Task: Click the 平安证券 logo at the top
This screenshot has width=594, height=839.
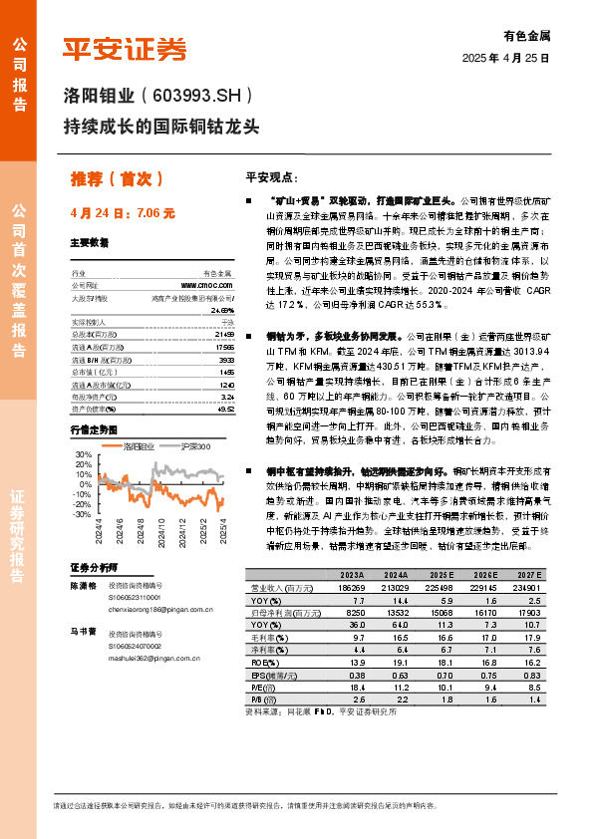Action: click(126, 49)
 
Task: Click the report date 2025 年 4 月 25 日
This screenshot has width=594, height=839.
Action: click(506, 59)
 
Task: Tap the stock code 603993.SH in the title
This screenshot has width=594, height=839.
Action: click(196, 97)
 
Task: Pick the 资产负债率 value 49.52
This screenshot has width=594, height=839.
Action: click(224, 409)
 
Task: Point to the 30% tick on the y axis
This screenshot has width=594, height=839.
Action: click(83, 454)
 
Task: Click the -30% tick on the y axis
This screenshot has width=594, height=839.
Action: click(81, 514)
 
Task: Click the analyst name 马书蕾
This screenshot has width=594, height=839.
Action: click(83, 631)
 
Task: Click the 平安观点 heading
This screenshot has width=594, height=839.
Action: click(272, 176)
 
